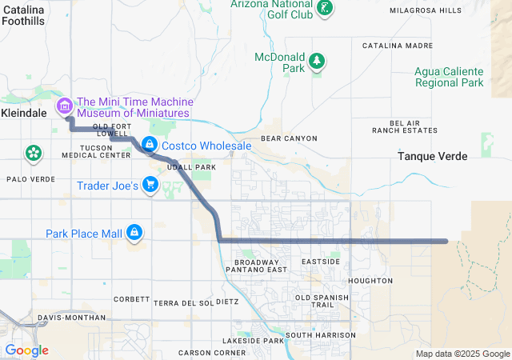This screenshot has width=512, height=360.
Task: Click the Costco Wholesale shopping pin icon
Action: (149, 144)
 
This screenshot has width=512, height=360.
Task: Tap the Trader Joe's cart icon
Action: (150, 186)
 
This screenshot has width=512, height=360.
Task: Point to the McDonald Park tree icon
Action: (318, 60)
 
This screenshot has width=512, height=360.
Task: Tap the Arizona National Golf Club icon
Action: (326, 7)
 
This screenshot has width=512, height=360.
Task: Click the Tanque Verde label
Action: (432, 157)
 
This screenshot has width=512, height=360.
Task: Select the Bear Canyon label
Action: (289, 138)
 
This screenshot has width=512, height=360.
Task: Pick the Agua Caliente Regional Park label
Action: (449, 76)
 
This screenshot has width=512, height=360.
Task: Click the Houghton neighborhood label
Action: (370, 281)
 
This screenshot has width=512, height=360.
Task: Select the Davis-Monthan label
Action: (71, 318)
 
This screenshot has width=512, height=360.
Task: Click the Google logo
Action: (26, 350)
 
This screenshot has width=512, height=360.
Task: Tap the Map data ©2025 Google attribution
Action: (462, 354)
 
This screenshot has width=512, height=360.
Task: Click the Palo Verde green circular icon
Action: (33, 153)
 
